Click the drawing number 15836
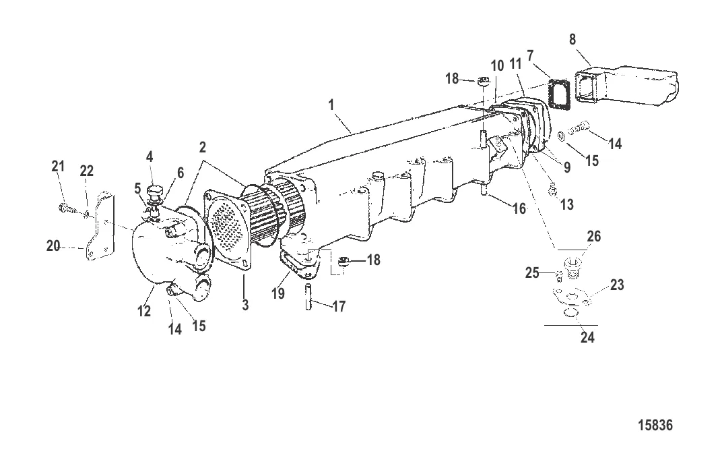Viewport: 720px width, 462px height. (655, 426)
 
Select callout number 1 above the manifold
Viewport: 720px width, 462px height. (331, 106)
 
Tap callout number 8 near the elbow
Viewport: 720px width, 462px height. (572, 40)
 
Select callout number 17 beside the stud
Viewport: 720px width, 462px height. (339, 306)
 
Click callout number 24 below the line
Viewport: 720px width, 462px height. (587, 337)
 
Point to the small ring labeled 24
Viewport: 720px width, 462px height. (570, 312)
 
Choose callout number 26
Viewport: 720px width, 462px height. (593, 237)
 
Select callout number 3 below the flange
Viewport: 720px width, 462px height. (245, 305)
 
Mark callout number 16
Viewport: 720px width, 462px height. (519, 208)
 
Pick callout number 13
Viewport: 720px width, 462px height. (567, 204)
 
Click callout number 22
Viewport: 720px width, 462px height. (86, 172)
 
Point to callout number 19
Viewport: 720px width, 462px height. (278, 294)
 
